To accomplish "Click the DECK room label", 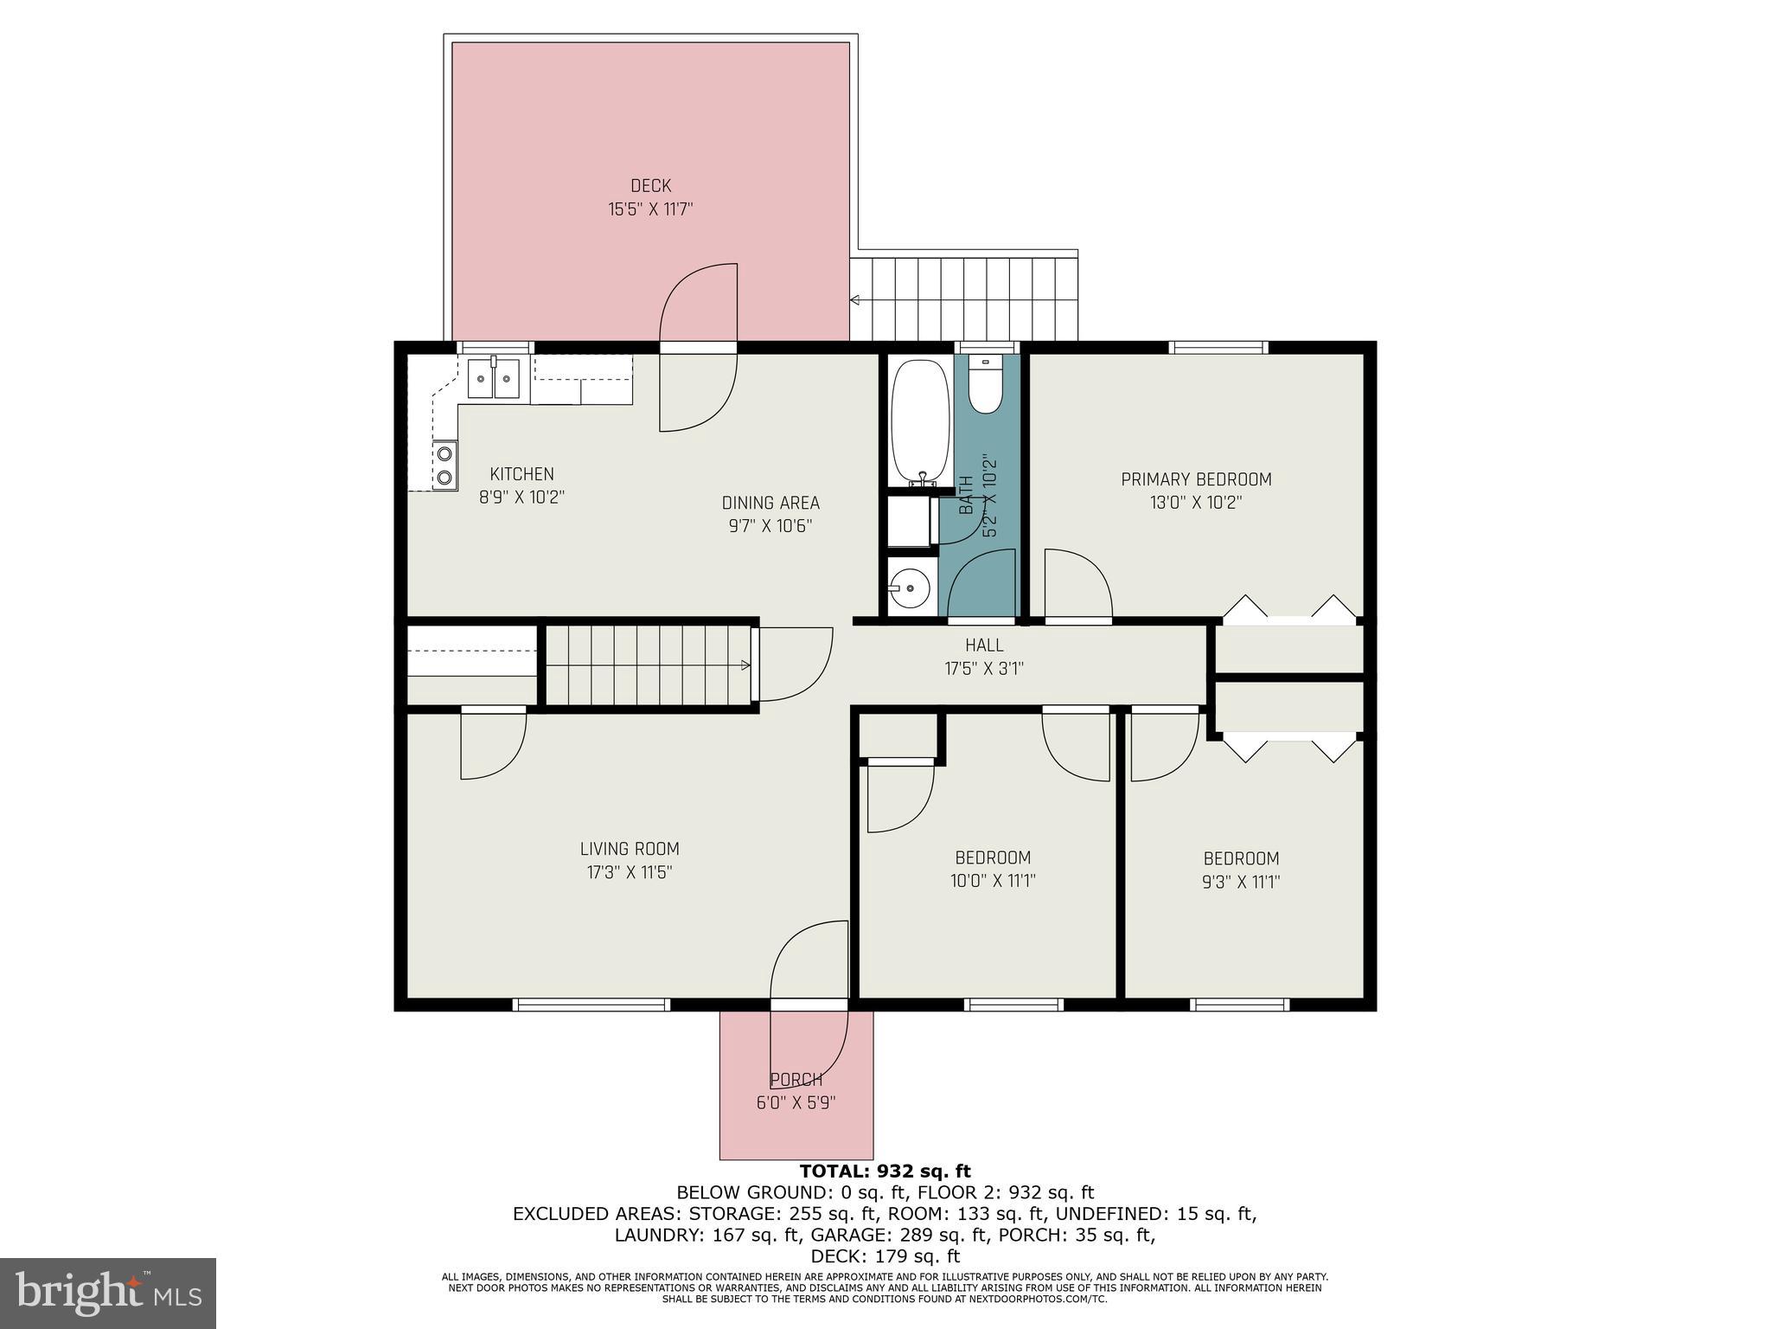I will pyautogui.click(x=650, y=186).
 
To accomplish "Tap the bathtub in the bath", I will pyautogui.click(x=921, y=421).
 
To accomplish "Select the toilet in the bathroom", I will pyautogui.click(x=984, y=385).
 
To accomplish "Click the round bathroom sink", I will pyautogui.click(x=909, y=589).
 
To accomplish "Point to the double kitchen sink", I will pyautogui.click(x=494, y=378).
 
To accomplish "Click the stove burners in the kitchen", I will pyautogui.click(x=444, y=465).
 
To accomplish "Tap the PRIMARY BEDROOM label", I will pyautogui.click(x=1196, y=479).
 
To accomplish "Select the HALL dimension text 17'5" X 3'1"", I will pyautogui.click(x=984, y=668).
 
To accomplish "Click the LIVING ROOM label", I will pyautogui.click(x=630, y=849).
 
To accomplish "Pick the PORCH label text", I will pyautogui.click(x=796, y=1080).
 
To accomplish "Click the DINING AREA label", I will pyautogui.click(x=770, y=503).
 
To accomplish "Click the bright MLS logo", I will pyautogui.click(x=107, y=1294).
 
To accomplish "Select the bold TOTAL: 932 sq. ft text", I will pyautogui.click(x=885, y=1172).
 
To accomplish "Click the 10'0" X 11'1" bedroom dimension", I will pyautogui.click(x=993, y=881).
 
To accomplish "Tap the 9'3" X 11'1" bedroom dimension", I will pyautogui.click(x=1241, y=882).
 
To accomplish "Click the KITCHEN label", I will pyautogui.click(x=521, y=474).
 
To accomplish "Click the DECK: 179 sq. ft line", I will pyautogui.click(x=885, y=1255).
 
